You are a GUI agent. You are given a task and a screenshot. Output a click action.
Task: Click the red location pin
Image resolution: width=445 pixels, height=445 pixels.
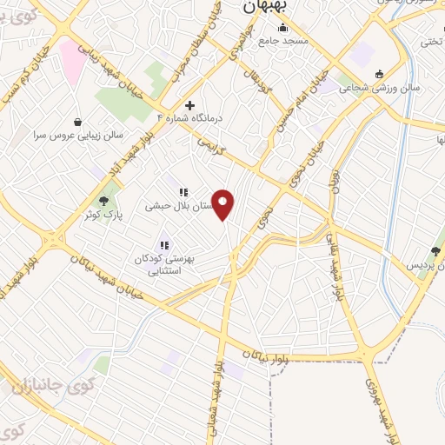pyautogui.click(x=224, y=206)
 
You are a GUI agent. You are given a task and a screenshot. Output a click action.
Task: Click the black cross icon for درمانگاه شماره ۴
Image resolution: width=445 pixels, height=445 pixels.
pyautogui.click(x=189, y=105)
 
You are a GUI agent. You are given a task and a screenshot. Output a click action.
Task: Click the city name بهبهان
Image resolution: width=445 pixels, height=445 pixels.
pyautogui.click(x=263, y=6)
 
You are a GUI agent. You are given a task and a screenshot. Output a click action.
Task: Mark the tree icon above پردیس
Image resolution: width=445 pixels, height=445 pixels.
pyautogui.click(x=435, y=250)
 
